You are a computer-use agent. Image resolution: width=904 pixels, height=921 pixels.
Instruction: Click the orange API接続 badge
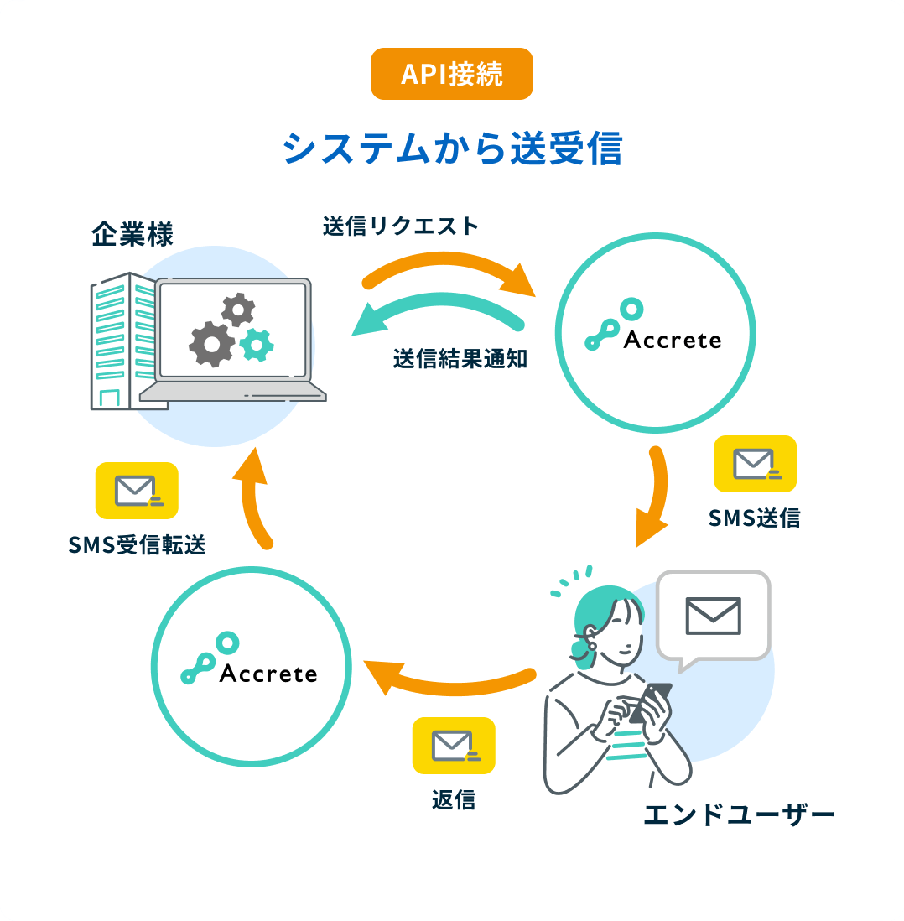click(x=451, y=74)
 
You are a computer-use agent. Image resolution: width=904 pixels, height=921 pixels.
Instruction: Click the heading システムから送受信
click(x=452, y=148)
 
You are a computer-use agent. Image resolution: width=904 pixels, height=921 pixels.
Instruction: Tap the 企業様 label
click(x=132, y=234)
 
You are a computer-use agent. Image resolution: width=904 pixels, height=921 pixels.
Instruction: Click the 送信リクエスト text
click(x=400, y=226)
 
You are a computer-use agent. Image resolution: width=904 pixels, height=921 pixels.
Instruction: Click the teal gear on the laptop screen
click(x=257, y=344)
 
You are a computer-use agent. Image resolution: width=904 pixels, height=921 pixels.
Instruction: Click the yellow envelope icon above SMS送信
click(x=754, y=464)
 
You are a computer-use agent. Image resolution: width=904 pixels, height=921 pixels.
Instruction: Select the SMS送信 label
click(x=754, y=518)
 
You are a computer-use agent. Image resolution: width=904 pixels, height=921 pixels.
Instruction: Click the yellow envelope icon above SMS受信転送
click(x=137, y=491)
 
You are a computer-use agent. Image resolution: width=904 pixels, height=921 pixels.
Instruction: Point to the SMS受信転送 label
click(x=138, y=545)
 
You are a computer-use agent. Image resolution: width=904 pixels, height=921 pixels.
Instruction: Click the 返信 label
click(x=454, y=800)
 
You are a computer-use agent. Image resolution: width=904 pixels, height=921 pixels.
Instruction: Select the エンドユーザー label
click(x=739, y=814)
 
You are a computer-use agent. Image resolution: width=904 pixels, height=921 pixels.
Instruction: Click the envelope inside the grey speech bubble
click(x=713, y=616)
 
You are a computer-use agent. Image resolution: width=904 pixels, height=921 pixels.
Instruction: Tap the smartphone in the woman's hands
click(x=651, y=700)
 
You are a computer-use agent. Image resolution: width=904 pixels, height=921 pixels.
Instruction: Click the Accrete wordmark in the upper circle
click(x=673, y=340)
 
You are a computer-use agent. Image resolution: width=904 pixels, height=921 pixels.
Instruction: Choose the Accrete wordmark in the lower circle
click(x=268, y=674)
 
